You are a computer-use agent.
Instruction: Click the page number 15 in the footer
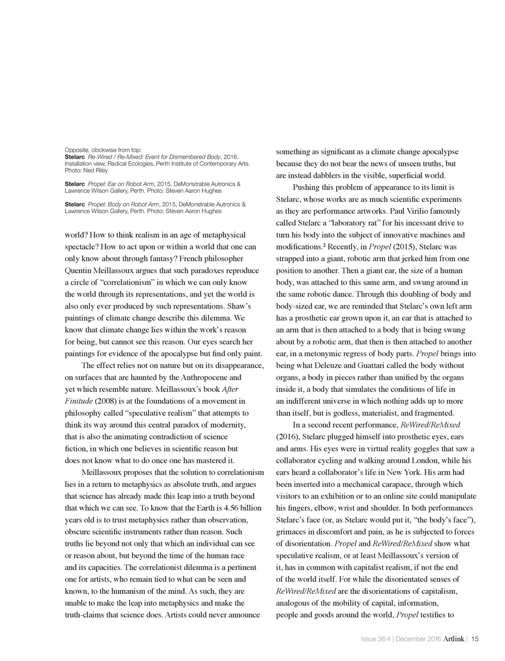[x=475, y=639]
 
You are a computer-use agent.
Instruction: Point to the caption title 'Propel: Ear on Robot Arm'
[x=121, y=184]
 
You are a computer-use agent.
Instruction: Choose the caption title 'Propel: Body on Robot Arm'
[x=124, y=204]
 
